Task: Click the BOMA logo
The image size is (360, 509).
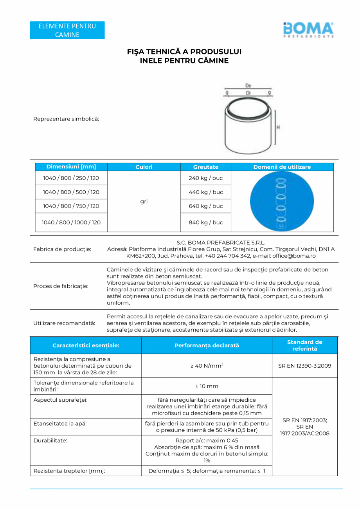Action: [x=308, y=30]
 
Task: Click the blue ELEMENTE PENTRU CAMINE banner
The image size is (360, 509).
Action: [x=67, y=31]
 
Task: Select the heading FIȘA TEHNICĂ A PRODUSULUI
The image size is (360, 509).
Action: [x=184, y=52]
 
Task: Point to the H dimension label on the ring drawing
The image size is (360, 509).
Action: [x=278, y=127]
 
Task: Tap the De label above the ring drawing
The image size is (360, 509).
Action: [x=248, y=85]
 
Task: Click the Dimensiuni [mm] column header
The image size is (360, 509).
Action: [x=71, y=167]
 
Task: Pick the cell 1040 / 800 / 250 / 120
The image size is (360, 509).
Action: [x=71, y=178]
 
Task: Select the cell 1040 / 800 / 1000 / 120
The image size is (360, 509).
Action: [x=71, y=222]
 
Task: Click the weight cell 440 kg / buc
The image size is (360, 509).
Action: [x=206, y=192]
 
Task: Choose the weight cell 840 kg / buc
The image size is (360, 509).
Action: [x=206, y=222]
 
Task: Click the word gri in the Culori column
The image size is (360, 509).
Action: [x=144, y=201]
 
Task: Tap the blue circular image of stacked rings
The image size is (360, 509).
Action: [x=282, y=201]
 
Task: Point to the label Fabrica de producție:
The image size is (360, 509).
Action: [x=62, y=249]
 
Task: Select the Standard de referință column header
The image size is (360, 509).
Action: [x=304, y=345]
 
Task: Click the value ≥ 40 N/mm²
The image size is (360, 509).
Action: [x=207, y=366]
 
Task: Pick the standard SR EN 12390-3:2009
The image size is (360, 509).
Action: [x=304, y=366]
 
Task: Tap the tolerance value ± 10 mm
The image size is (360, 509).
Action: [x=207, y=386]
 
